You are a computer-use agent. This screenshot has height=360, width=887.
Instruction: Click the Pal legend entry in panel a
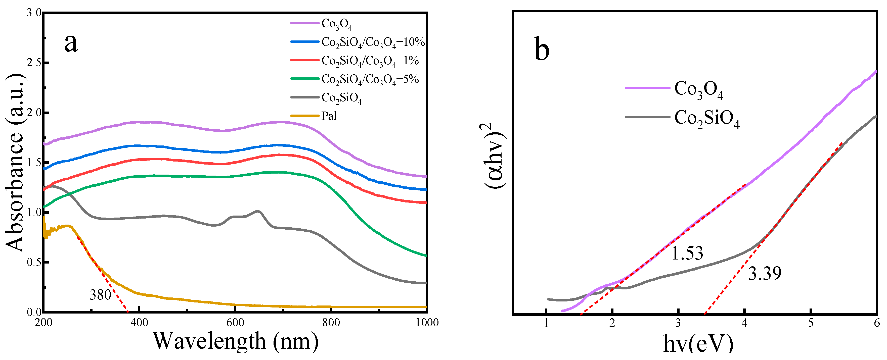point(329,116)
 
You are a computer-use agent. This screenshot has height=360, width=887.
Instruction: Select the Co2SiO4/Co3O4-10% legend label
point(373,42)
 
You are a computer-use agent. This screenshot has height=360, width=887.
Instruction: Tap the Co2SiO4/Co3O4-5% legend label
point(370,79)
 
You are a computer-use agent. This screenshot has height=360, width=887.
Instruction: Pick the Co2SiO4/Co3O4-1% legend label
point(370,61)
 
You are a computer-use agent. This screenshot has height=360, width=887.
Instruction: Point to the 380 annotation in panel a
point(100,295)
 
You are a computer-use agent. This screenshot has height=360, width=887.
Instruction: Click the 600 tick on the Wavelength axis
point(235,323)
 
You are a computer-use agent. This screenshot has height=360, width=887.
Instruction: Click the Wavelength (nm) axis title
point(236,341)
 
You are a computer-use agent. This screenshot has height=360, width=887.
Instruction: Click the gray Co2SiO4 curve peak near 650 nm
point(257,211)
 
